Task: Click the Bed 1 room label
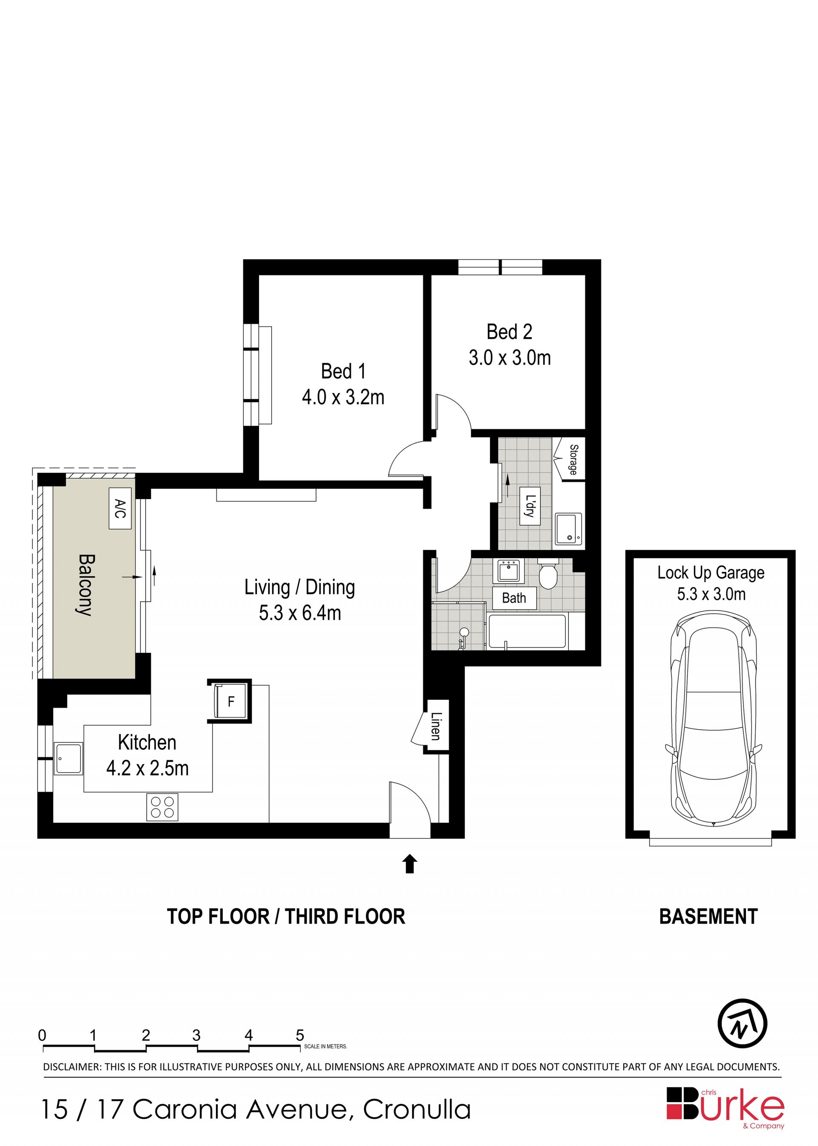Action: pyautogui.click(x=343, y=372)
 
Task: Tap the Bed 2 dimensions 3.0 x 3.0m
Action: pyautogui.click(x=510, y=358)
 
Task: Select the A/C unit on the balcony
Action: pyautogui.click(x=120, y=508)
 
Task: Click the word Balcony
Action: pyautogui.click(x=86, y=585)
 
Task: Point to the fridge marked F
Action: pyautogui.click(x=230, y=701)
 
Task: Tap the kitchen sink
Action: pyautogui.click(x=68, y=758)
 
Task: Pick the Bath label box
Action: pyautogui.click(x=514, y=598)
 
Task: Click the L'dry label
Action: pyautogui.click(x=530, y=506)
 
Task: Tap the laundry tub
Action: pyautogui.click(x=568, y=528)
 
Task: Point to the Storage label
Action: pyautogui.click(x=573, y=459)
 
